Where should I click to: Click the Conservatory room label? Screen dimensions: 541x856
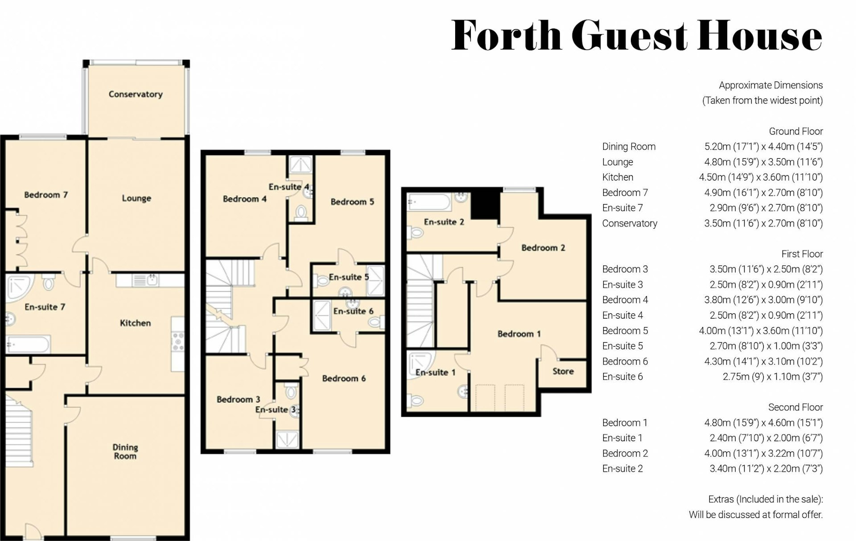tap(136, 94)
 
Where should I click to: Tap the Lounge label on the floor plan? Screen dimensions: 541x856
tap(136, 198)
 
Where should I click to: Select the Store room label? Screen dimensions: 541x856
tap(563, 371)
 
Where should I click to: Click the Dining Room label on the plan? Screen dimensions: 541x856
tap(125, 451)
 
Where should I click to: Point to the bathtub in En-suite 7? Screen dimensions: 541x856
tap(28, 344)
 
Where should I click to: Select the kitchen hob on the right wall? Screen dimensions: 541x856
tap(178, 341)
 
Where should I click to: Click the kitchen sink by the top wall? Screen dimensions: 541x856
tap(152, 280)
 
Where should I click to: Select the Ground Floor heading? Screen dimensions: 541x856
tap(795, 131)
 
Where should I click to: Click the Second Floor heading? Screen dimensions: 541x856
tap(795, 407)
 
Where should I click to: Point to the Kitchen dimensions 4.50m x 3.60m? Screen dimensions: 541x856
tap(761, 177)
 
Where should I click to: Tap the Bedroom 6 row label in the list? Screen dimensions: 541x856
tap(625, 361)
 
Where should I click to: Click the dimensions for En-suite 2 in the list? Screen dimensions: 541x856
tap(766, 468)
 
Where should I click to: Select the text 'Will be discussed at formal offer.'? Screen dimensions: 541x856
tap(755, 515)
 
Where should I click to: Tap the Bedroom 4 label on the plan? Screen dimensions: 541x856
tap(245, 199)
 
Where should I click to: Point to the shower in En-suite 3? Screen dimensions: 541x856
tap(287, 439)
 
